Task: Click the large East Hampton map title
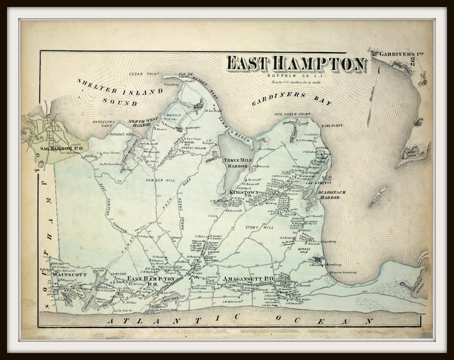pyautogui.click(x=296, y=64)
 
